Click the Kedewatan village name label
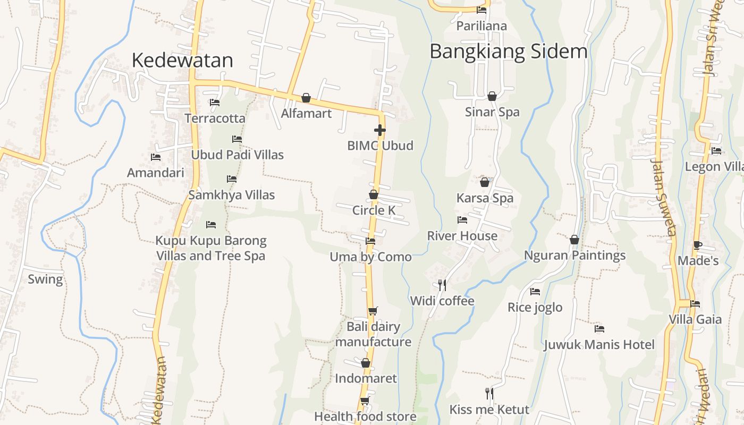(x=182, y=61)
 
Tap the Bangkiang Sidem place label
(x=509, y=52)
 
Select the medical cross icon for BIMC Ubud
(x=379, y=130)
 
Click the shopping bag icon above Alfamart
(x=306, y=98)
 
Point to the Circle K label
(x=374, y=210)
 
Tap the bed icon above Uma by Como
(x=370, y=241)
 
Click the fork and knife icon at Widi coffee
(x=442, y=285)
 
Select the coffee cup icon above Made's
(x=698, y=245)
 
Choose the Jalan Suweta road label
(x=664, y=198)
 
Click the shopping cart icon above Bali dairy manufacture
(x=373, y=311)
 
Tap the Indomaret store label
(x=366, y=379)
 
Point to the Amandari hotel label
(x=156, y=173)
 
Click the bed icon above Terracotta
(x=215, y=103)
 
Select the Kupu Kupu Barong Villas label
(x=211, y=248)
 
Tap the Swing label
(x=45, y=279)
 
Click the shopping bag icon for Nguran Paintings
(x=574, y=240)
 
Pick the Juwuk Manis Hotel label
(x=599, y=345)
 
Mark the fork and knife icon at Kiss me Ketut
(x=489, y=394)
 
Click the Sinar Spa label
(x=492, y=112)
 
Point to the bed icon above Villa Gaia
(x=695, y=304)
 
